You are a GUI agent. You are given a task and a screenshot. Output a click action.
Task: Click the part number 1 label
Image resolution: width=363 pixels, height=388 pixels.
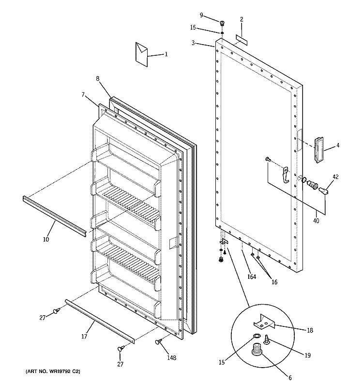[166, 55]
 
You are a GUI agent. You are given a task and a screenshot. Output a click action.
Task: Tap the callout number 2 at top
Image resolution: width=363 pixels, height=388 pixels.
[241, 19]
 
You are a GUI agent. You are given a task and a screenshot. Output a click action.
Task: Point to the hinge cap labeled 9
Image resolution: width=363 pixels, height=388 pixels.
[223, 23]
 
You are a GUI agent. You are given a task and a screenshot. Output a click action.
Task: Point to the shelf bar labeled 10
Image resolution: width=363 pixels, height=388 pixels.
[53, 213]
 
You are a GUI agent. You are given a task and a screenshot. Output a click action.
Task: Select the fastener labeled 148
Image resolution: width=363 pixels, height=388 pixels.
[158, 342]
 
